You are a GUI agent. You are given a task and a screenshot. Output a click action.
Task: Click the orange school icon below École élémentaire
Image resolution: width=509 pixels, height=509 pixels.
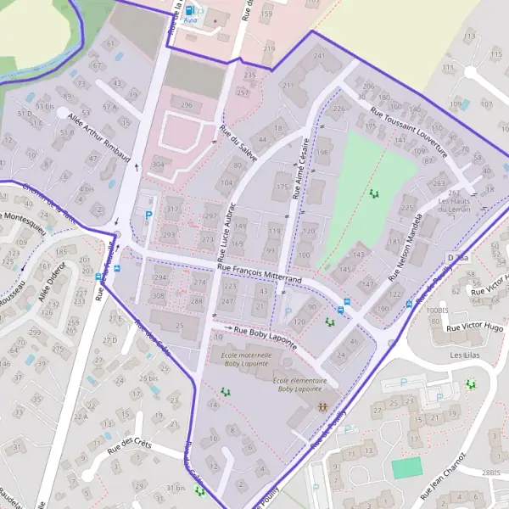pos(322,407)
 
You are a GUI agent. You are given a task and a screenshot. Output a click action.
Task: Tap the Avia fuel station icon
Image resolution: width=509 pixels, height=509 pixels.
pos(189,11)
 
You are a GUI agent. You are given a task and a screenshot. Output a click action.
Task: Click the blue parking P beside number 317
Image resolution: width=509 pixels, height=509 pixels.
pos(150,215)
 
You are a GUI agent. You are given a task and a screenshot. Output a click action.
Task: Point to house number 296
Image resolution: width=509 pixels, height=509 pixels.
pos(187,104)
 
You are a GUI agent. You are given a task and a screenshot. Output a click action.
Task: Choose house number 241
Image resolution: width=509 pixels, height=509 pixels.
pos(319,56)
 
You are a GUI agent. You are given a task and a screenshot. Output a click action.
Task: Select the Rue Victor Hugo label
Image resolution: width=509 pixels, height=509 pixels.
pos(475,327)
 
